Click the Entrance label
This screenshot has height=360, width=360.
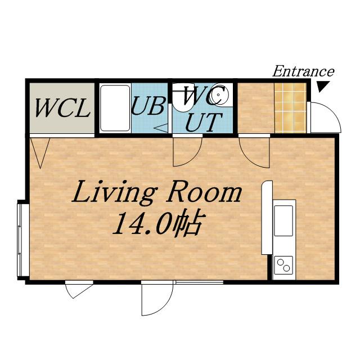[303, 71]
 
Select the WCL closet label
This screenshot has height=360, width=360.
[62, 108]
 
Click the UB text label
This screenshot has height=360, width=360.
[148, 106]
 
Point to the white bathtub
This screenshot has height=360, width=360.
[115, 108]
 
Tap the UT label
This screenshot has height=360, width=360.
[204, 123]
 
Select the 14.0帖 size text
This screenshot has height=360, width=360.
[158, 223]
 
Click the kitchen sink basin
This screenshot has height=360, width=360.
[283, 221]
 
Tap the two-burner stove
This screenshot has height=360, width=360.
[283, 265]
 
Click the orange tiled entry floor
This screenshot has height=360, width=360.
[290, 108]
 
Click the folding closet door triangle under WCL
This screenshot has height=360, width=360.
[40, 152]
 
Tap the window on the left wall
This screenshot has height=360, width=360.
[23, 240]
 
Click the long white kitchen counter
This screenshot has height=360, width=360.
[267, 218]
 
